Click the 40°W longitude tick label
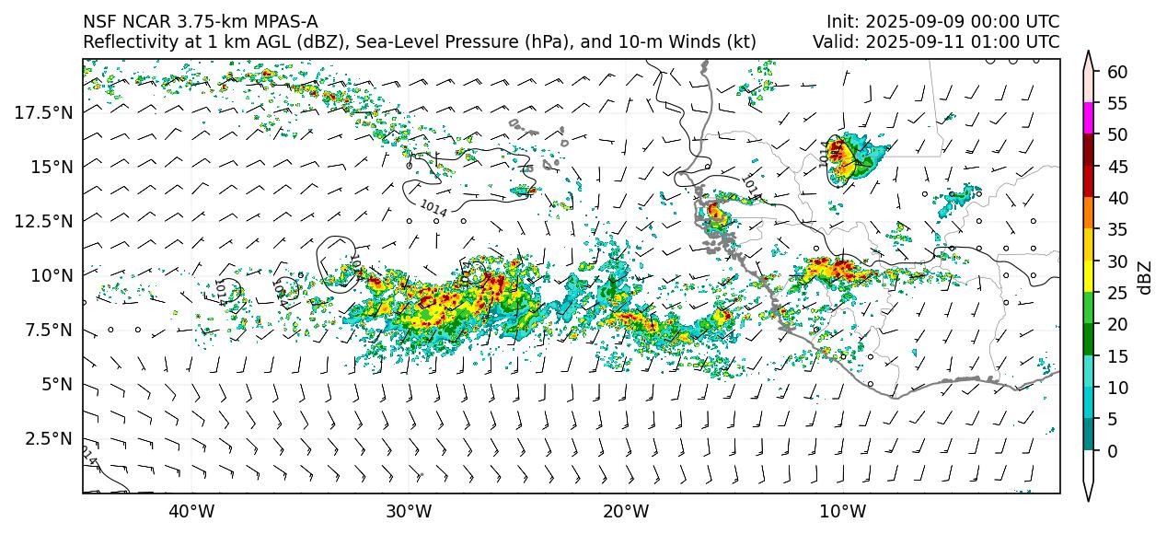click(x=191, y=511)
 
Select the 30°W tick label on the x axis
click(x=409, y=511)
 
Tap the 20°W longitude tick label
click(x=626, y=511)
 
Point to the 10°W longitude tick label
click(x=842, y=511)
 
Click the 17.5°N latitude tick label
click(x=45, y=112)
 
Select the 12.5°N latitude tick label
click(x=45, y=221)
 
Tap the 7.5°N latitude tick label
click(x=49, y=330)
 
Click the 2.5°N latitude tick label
click(x=49, y=438)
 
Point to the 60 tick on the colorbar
click(x=1116, y=72)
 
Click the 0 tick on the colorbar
click(x=1112, y=451)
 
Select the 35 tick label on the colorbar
click(x=1116, y=230)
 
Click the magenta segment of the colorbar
click(x=1089, y=119)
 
